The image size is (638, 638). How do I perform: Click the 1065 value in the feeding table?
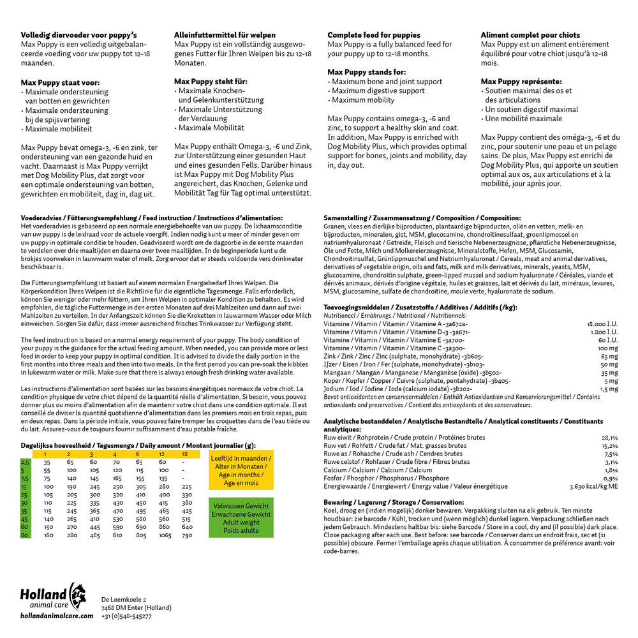165,535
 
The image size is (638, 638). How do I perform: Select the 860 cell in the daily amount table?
165,527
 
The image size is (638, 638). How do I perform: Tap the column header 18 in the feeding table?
185,454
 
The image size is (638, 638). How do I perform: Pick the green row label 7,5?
25,478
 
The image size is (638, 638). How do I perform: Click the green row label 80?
25,535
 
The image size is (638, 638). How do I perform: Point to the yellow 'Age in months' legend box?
241,470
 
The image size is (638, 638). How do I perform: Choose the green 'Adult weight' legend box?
241,518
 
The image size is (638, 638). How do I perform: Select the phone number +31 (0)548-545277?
126,616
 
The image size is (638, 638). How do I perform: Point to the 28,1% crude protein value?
609,438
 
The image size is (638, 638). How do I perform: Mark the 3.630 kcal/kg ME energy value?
593,486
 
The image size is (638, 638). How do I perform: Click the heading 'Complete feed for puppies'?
374,35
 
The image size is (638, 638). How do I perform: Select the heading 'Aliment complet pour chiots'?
530,35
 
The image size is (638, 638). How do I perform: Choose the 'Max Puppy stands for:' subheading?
367,72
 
